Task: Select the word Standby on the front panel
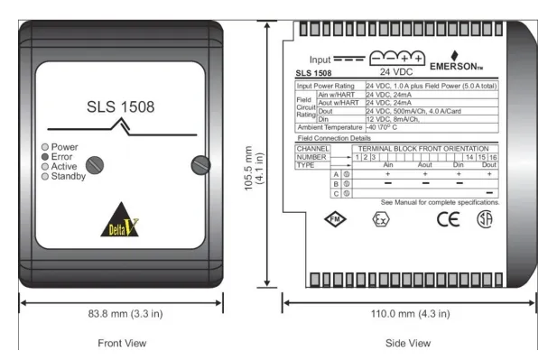69,176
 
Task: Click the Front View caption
121,344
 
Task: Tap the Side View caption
408,344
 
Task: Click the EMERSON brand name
459,66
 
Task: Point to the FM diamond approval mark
335,219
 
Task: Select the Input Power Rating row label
329,86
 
